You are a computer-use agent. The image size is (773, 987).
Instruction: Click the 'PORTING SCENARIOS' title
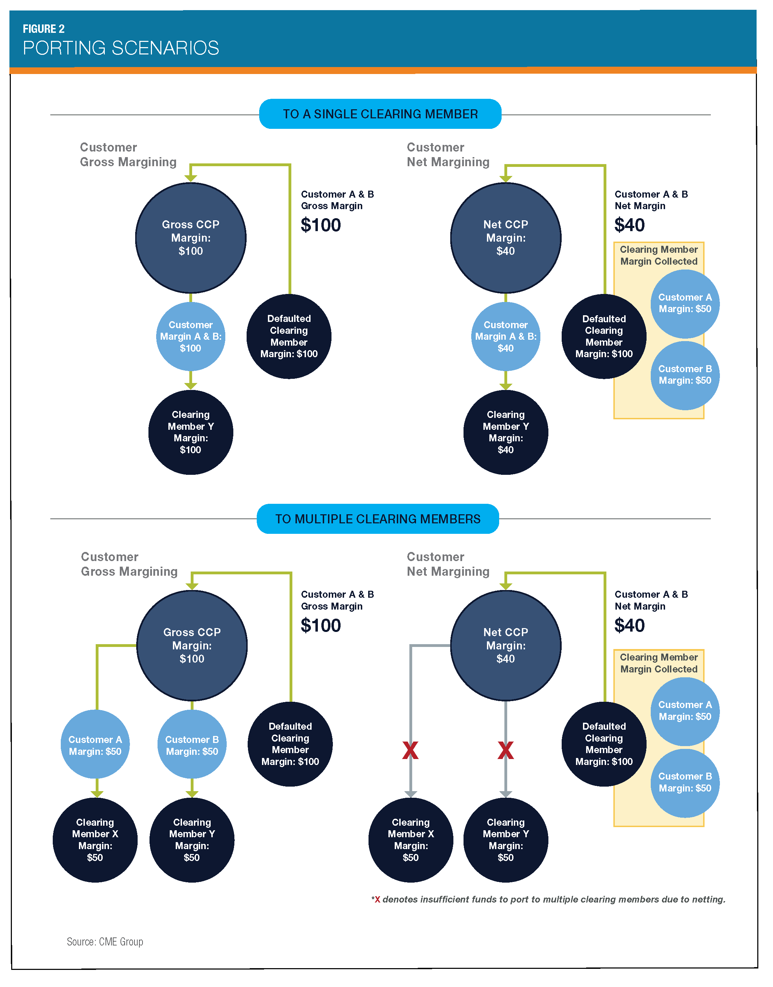121,48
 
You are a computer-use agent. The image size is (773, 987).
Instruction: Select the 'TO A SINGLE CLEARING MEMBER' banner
380,114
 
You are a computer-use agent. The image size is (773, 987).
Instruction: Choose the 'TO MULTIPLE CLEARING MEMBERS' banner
378,519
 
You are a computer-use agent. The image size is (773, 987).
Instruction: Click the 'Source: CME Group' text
105,942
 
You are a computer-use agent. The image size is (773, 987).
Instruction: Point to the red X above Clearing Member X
410,750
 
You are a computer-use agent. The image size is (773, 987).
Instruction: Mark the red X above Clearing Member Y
505,750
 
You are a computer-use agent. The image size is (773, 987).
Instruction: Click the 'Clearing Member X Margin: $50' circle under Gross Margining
95,840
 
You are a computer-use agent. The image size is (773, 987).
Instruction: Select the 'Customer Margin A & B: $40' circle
505,337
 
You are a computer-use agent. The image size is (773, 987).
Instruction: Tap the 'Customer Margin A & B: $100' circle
190,337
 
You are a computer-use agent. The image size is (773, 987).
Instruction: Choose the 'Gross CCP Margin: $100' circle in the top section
190,237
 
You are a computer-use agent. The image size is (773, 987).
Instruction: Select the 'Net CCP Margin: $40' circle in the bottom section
505,646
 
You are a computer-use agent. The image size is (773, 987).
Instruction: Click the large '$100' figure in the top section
320,225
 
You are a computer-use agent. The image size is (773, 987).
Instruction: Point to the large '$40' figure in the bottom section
629,626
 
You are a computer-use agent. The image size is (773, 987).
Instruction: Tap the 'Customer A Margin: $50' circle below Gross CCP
95,745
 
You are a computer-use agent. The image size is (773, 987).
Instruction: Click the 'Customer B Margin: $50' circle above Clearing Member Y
192,745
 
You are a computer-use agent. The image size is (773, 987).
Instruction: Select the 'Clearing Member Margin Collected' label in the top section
658,256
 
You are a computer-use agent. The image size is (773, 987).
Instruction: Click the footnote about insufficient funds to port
548,899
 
